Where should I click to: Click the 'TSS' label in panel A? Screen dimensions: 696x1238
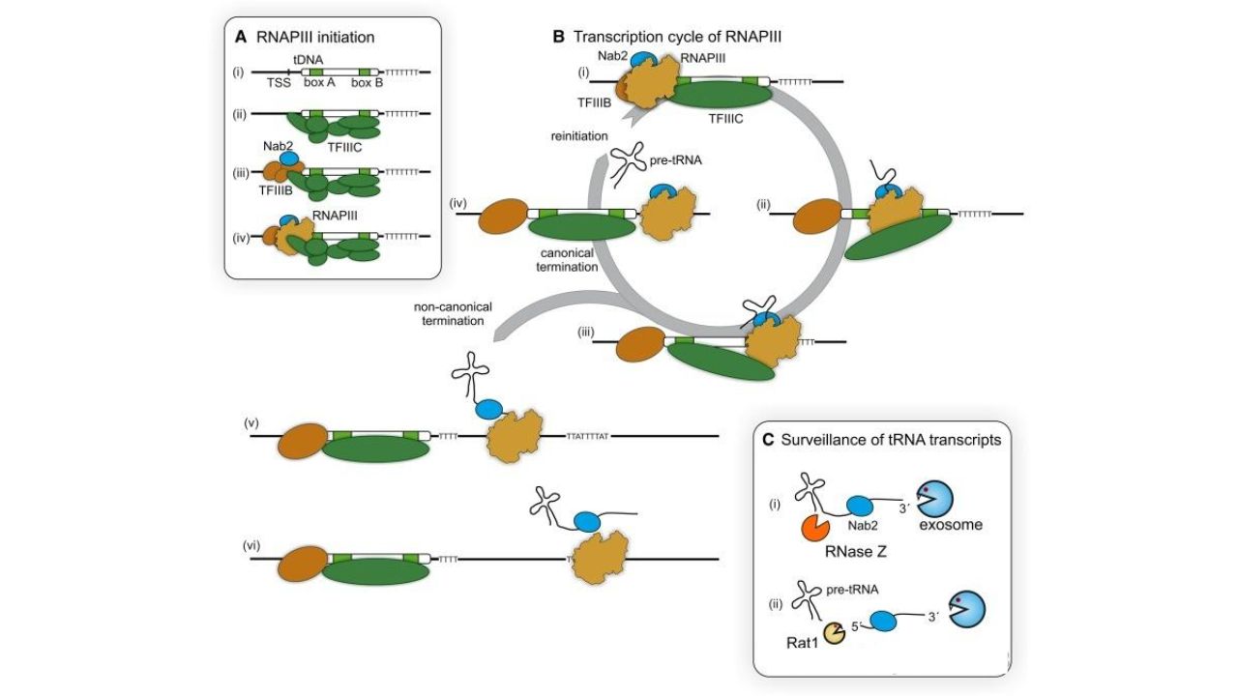click(279, 83)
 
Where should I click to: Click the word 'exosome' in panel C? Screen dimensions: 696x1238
click(951, 525)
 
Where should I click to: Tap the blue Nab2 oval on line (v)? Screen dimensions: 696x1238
click(489, 409)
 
